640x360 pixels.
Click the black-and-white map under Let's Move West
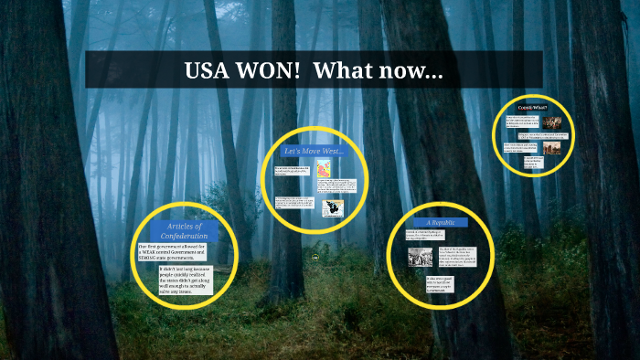click(x=331, y=208)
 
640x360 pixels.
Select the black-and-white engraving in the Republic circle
click(x=421, y=257)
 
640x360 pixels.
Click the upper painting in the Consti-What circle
click(x=551, y=122)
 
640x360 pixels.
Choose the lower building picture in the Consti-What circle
click(x=551, y=145)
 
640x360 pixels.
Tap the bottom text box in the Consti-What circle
click(x=532, y=164)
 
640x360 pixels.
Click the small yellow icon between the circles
click(x=315, y=258)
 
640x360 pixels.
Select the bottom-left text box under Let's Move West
click(x=293, y=203)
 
